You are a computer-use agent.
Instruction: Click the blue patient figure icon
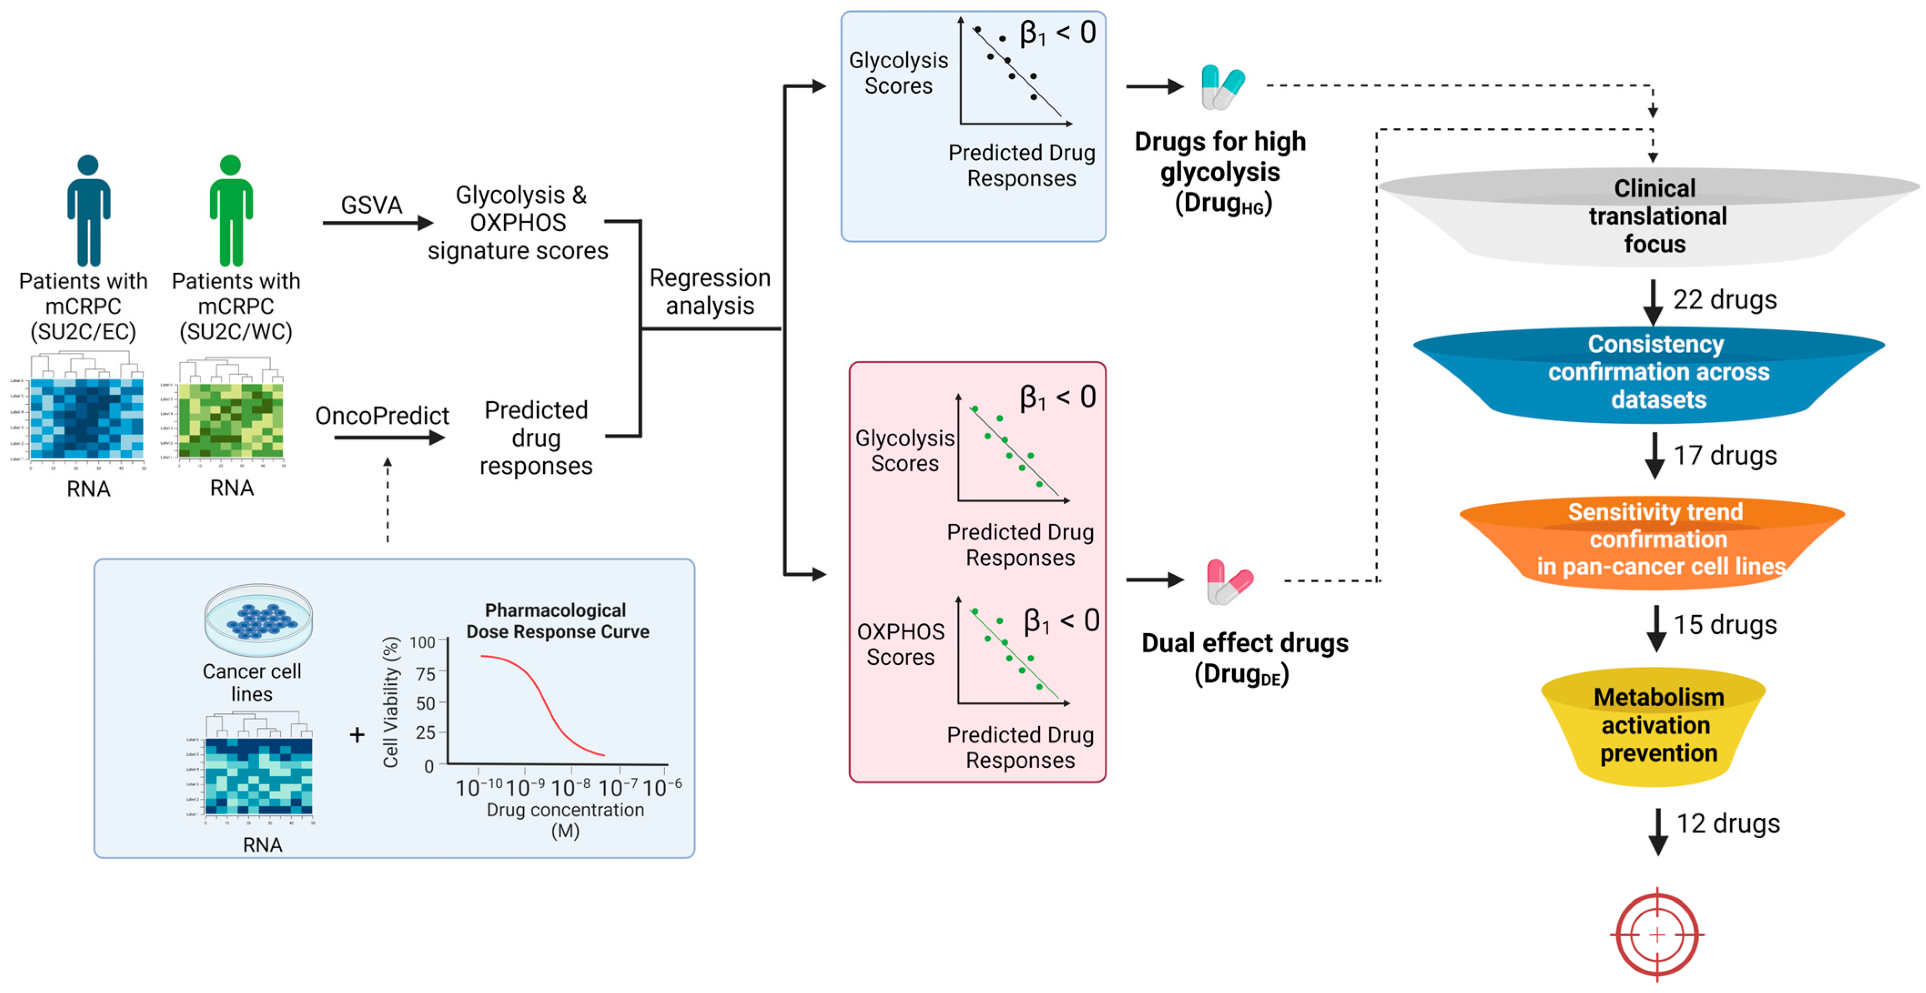point(88,210)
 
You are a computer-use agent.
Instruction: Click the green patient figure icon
point(231,210)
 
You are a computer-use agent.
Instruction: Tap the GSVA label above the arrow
point(372,204)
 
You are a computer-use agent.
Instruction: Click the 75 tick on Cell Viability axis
point(425,674)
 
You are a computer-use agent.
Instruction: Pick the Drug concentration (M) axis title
point(565,820)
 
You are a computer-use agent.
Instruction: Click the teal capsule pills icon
point(1223,87)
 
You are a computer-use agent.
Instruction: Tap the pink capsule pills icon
point(1228,582)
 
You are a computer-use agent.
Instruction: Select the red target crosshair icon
point(1657,935)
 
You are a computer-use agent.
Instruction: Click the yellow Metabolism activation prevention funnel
point(1657,725)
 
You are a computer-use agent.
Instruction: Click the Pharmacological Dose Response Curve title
point(557,621)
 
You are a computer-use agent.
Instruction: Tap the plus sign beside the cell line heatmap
point(357,735)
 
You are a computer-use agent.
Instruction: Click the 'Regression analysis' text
point(709,292)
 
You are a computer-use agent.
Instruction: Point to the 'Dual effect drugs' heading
point(1244,643)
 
